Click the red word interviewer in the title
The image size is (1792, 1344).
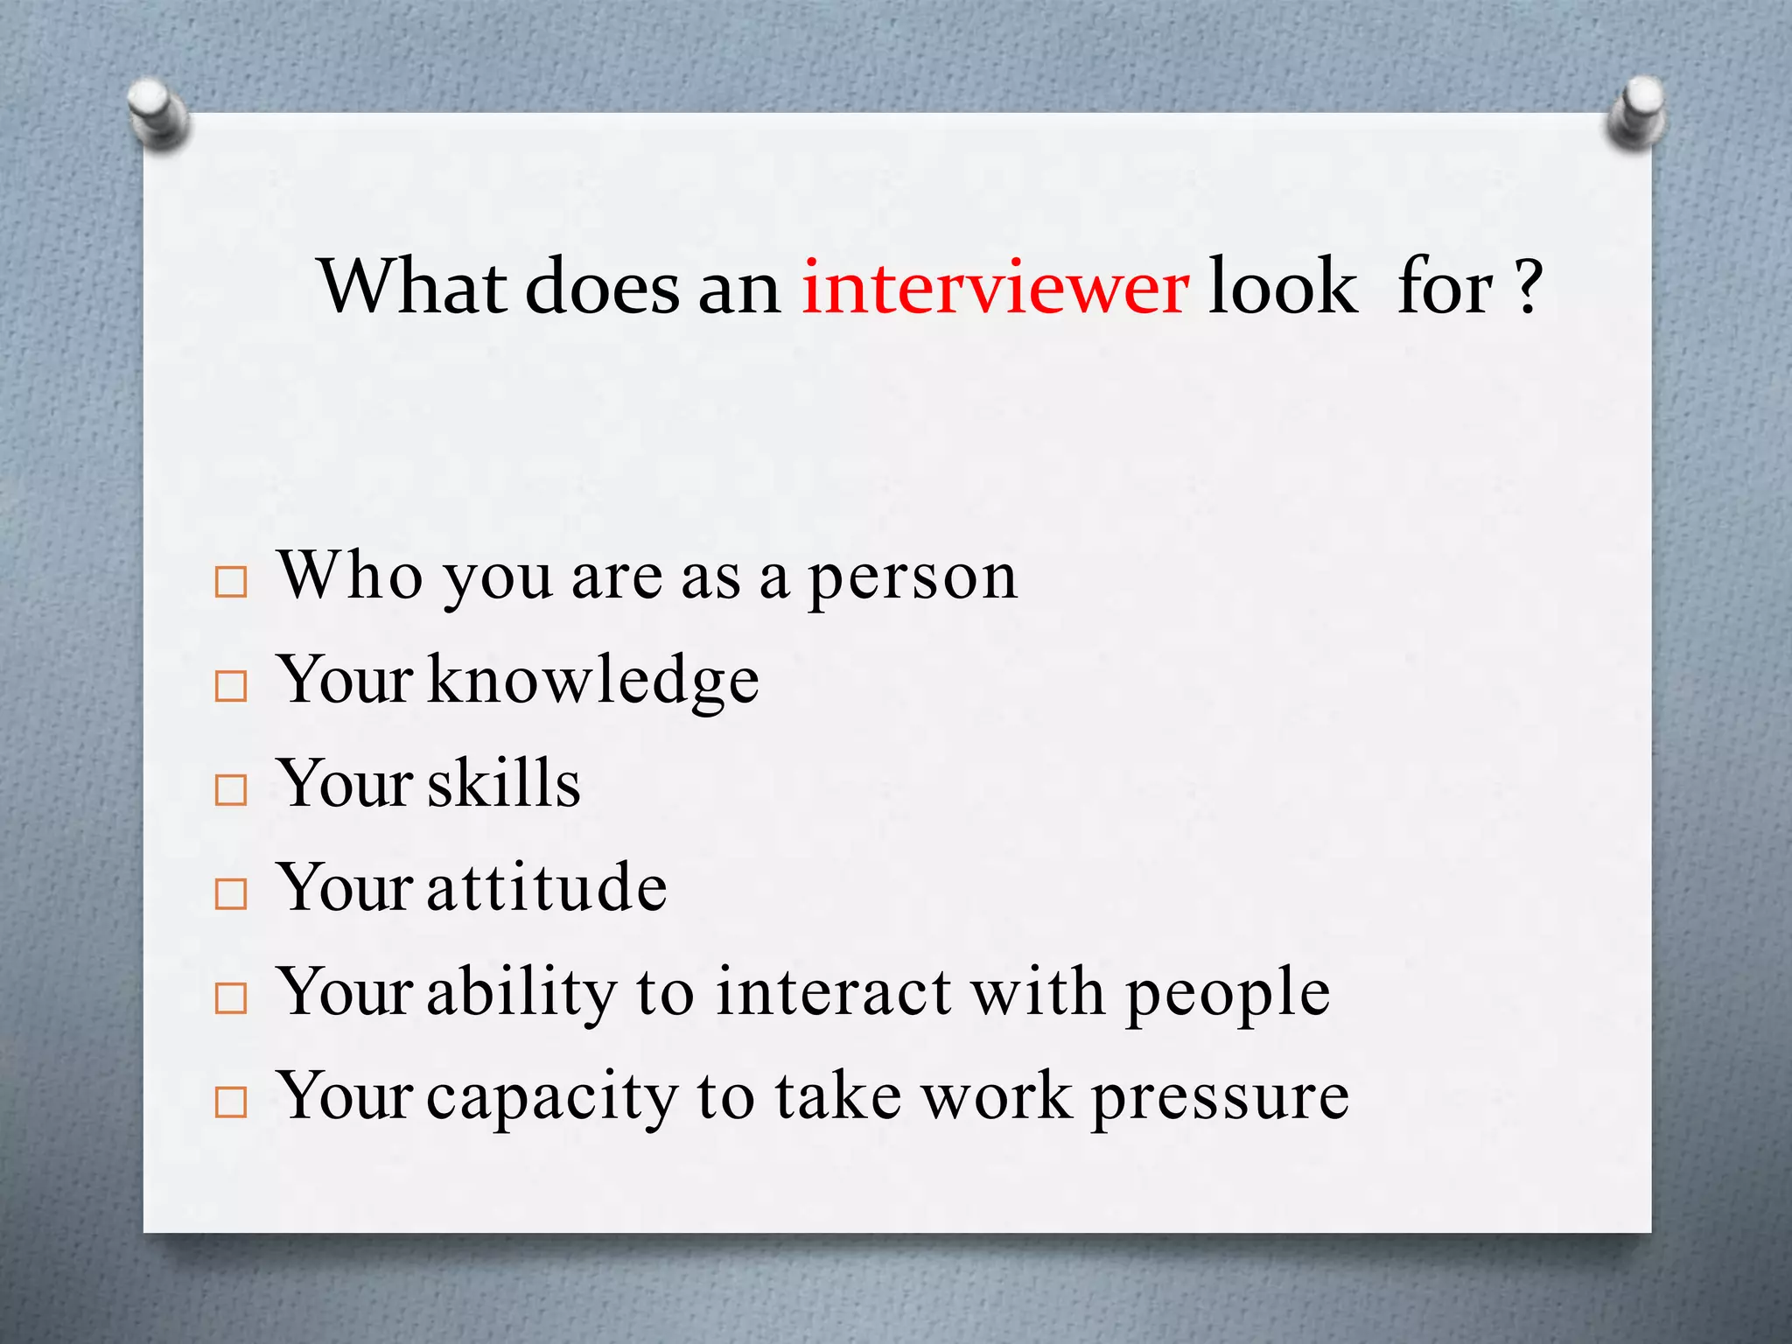[995, 287]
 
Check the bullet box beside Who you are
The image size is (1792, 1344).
[231, 582]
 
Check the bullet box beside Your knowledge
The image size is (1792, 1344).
[231, 686]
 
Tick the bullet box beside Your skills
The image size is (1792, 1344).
[231, 790]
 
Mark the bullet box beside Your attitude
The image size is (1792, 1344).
[231, 894]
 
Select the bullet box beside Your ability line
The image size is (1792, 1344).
[231, 998]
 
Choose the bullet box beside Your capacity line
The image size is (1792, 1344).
[231, 1102]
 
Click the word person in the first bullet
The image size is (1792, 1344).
[913, 579]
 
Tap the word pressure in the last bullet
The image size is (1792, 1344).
[1220, 1099]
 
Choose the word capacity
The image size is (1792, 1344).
[551, 1099]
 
